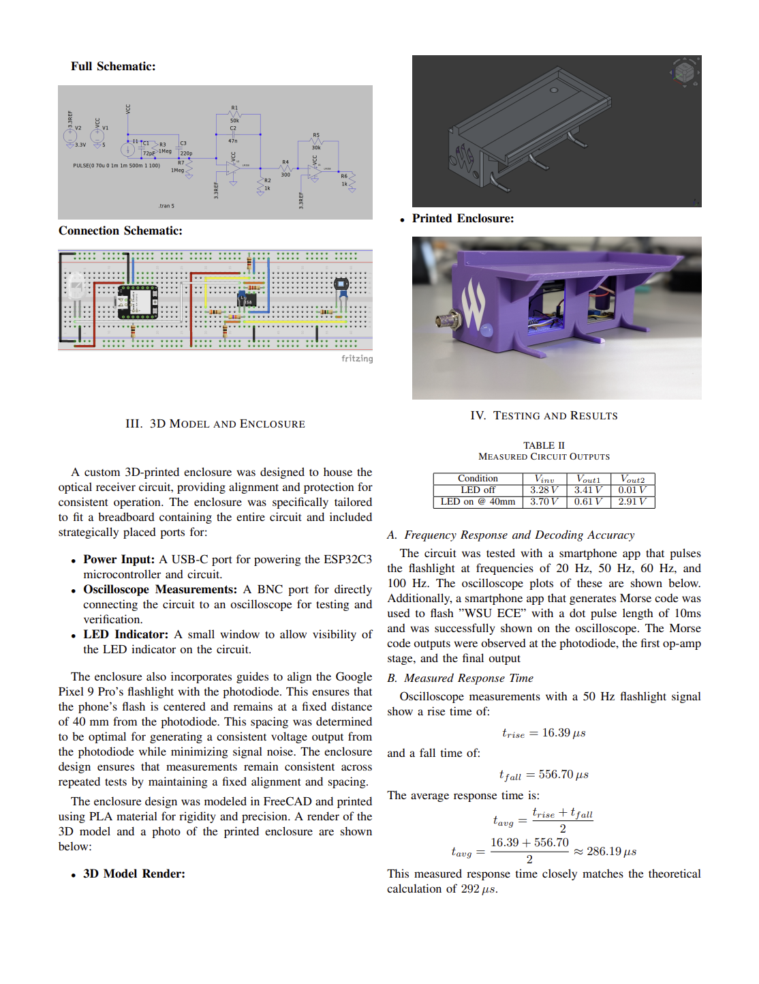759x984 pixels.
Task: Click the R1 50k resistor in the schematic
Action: [x=235, y=114]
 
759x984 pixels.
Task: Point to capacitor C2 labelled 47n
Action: [x=233, y=134]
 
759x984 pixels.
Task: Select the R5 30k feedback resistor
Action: [x=316, y=141]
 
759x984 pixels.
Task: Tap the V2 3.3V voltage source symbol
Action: [x=70, y=136]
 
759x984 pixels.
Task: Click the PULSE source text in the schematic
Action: [x=117, y=165]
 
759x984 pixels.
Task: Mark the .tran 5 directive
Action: [x=166, y=205]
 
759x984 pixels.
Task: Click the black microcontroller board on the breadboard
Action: [x=138, y=302]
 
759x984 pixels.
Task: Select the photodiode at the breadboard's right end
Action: [x=341, y=284]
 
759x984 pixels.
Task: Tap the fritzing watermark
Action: [x=357, y=359]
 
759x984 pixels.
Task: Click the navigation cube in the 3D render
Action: [x=685, y=72]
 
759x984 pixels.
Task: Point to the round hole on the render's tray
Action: [x=554, y=90]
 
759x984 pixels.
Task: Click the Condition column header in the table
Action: [x=478, y=479]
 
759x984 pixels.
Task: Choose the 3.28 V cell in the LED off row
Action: [x=544, y=490]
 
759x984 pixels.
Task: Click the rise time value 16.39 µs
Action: [x=563, y=733]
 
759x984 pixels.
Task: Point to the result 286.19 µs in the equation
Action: [x=611, y=852]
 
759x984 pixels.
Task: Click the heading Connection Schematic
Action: [x=121, y=230]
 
